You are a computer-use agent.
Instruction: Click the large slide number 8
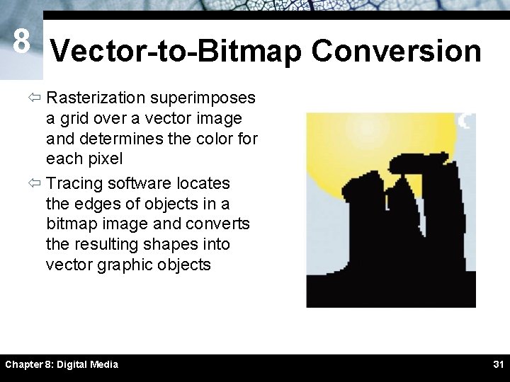click(21, 42)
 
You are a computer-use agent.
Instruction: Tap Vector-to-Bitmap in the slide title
click(176, 51)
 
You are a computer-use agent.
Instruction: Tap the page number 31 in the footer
click(498, 364)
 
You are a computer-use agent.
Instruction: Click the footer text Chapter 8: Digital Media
click(62, 364)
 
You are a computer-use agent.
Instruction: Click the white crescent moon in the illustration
click(465, 121)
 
